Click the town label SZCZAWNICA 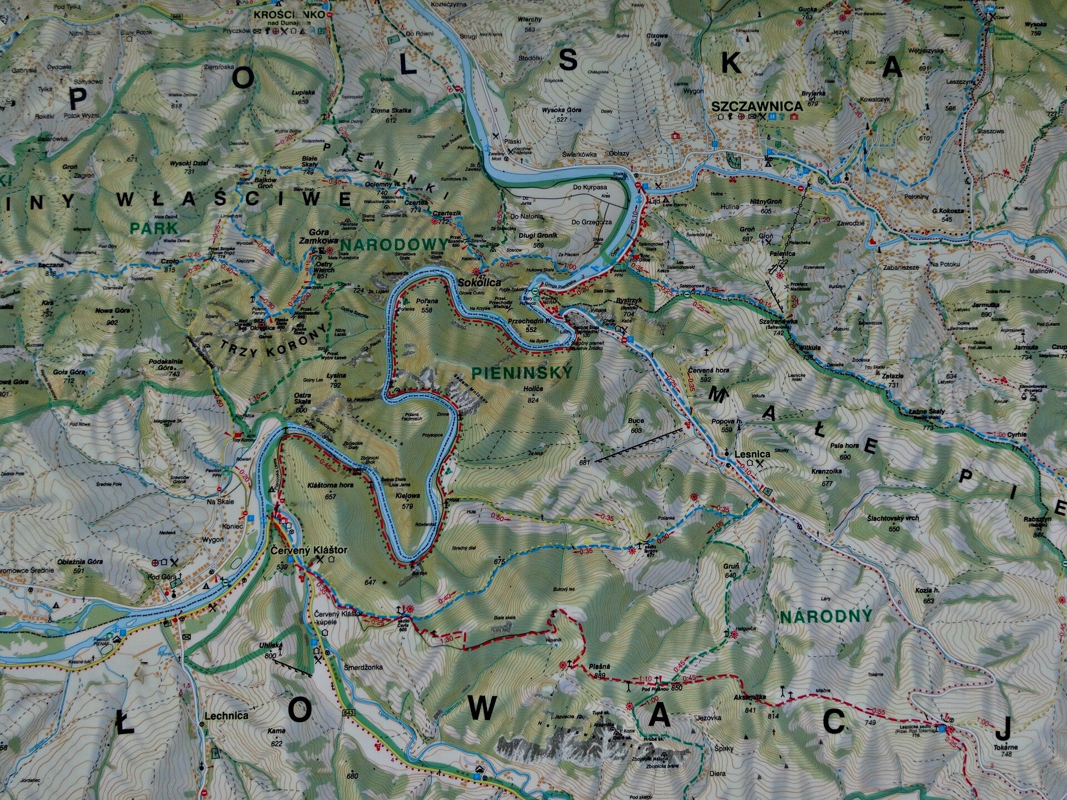757,106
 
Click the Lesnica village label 752,454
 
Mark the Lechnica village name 226,716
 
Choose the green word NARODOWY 393,244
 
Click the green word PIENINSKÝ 521,373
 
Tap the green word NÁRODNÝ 826,617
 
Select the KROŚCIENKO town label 288,15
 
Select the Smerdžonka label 363,667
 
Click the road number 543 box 349,712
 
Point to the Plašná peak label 600,667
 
